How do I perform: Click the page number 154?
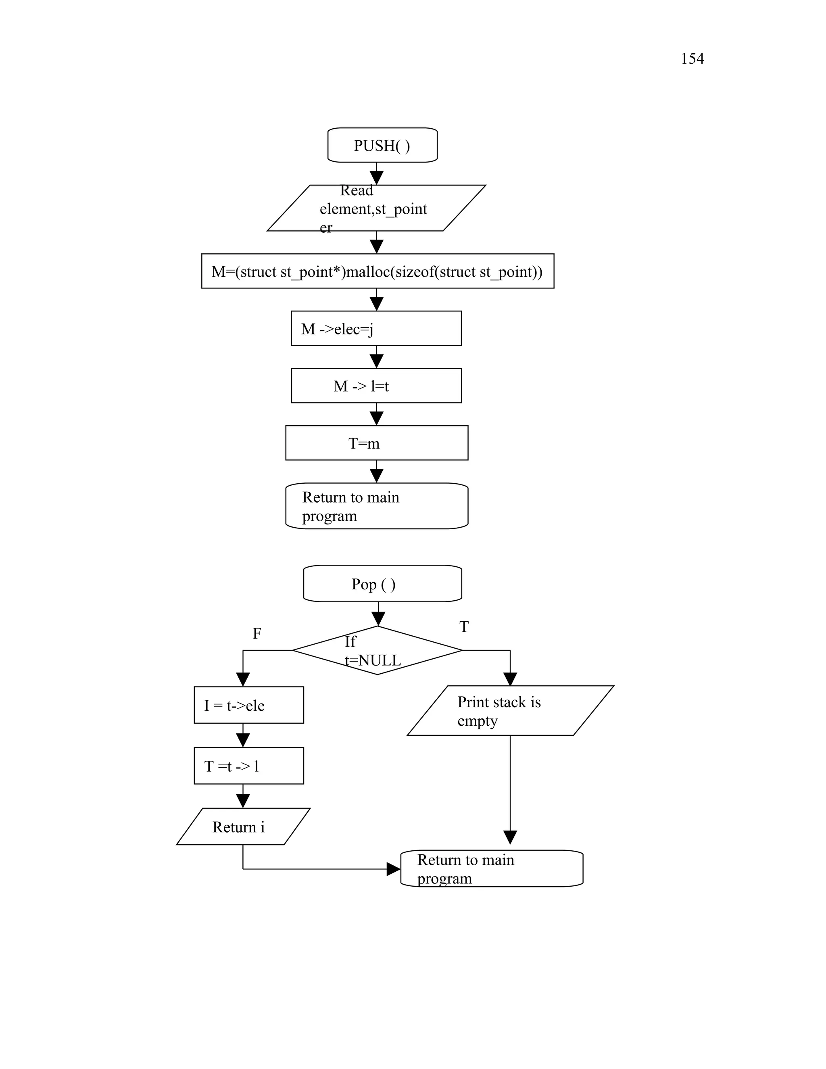(x=692, y=59)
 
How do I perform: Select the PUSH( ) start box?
(x=382, y=145)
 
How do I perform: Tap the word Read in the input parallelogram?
(x=356, y=190)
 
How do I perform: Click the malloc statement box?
(x=377, y=271)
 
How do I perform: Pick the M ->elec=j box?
(x=376, y=328)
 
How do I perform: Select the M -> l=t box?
(x=376, y=386)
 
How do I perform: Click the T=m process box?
(x=376, y=443)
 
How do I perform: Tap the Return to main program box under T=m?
(x=376, y=506)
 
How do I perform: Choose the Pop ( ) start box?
(x=382, y=583)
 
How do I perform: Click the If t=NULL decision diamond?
(x=377, y=651)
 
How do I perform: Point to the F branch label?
(x=257, y=633)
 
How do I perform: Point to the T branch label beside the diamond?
(x=464, y=626)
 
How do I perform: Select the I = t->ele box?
(x=248, y=705)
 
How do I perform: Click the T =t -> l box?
(x=248, y=766)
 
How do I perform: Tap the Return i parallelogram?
(x=243, y=827)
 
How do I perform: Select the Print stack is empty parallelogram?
(x=510, y=711)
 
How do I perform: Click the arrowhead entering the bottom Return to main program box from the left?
(x=393, y=869)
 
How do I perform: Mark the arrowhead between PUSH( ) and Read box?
(x=376, y=177)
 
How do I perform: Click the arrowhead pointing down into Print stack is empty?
(x=510, y=679)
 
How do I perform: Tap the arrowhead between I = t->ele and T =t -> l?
(x=243, y=740)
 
